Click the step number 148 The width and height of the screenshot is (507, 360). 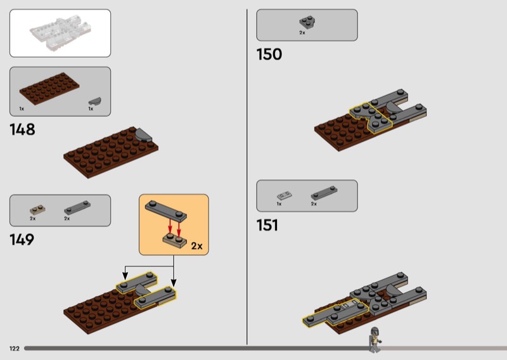(22, 129)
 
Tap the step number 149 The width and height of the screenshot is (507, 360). (22, 240)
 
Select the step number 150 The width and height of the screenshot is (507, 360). (269, 55)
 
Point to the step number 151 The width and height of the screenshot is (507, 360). (267, 225)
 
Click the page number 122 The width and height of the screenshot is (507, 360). (15, 349)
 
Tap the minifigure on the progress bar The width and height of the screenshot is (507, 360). (375, 340)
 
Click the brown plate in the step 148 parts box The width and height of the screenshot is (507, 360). (49, 88)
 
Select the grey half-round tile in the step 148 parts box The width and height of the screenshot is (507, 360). (94, 101)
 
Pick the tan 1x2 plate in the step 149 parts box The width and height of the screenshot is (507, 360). (37, 210)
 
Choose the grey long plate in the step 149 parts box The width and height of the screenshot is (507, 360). (77, 208)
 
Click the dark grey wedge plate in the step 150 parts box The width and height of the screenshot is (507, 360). (307, 22)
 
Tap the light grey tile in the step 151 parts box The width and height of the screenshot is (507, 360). (284, 195)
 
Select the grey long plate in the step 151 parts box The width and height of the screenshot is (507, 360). (324, 193)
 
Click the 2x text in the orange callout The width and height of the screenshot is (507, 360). (196, 246)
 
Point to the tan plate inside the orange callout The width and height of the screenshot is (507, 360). (175, 240)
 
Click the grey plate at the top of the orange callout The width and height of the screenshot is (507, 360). (166, 211)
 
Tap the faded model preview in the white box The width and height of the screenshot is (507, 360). (60, 34)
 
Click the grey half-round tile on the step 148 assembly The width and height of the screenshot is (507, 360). (144, 135)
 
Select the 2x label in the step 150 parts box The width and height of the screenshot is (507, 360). (302, 33)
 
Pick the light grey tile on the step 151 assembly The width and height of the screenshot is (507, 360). (350, 304)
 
